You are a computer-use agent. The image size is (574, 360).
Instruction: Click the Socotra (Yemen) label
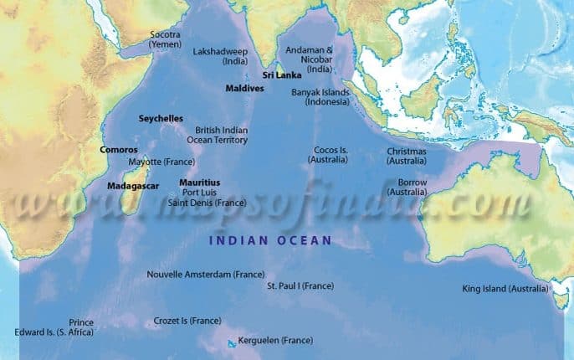164,39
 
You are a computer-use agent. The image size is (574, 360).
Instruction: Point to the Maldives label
245,88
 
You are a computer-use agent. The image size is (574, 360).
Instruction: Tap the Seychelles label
161,119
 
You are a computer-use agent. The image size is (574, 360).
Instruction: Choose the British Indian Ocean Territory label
221,136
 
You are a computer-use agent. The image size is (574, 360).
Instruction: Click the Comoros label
118,150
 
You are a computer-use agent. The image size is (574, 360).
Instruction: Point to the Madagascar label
133,185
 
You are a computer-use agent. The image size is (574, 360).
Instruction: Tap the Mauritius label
200,182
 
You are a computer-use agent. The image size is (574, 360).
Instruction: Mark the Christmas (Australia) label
407,156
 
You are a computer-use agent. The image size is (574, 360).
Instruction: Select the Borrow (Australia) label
412,187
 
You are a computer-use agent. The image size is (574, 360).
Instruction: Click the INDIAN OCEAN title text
270,240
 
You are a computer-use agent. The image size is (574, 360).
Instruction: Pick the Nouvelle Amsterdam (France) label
206,275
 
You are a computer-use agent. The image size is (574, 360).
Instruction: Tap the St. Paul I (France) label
300,285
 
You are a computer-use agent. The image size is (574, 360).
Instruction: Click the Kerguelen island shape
232,342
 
